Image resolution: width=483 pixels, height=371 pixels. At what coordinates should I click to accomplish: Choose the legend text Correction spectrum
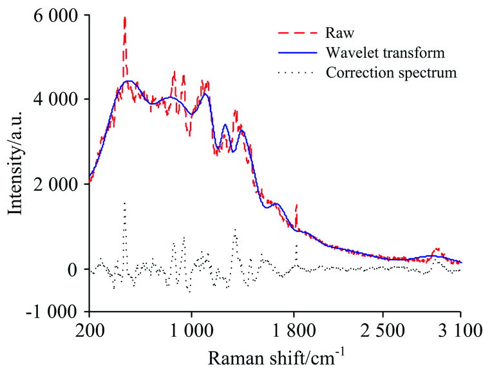(391, 71)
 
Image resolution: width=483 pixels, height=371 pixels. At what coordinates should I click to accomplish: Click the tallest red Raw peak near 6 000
(124, 19)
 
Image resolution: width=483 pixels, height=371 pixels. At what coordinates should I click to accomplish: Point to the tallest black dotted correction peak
(124, 203)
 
